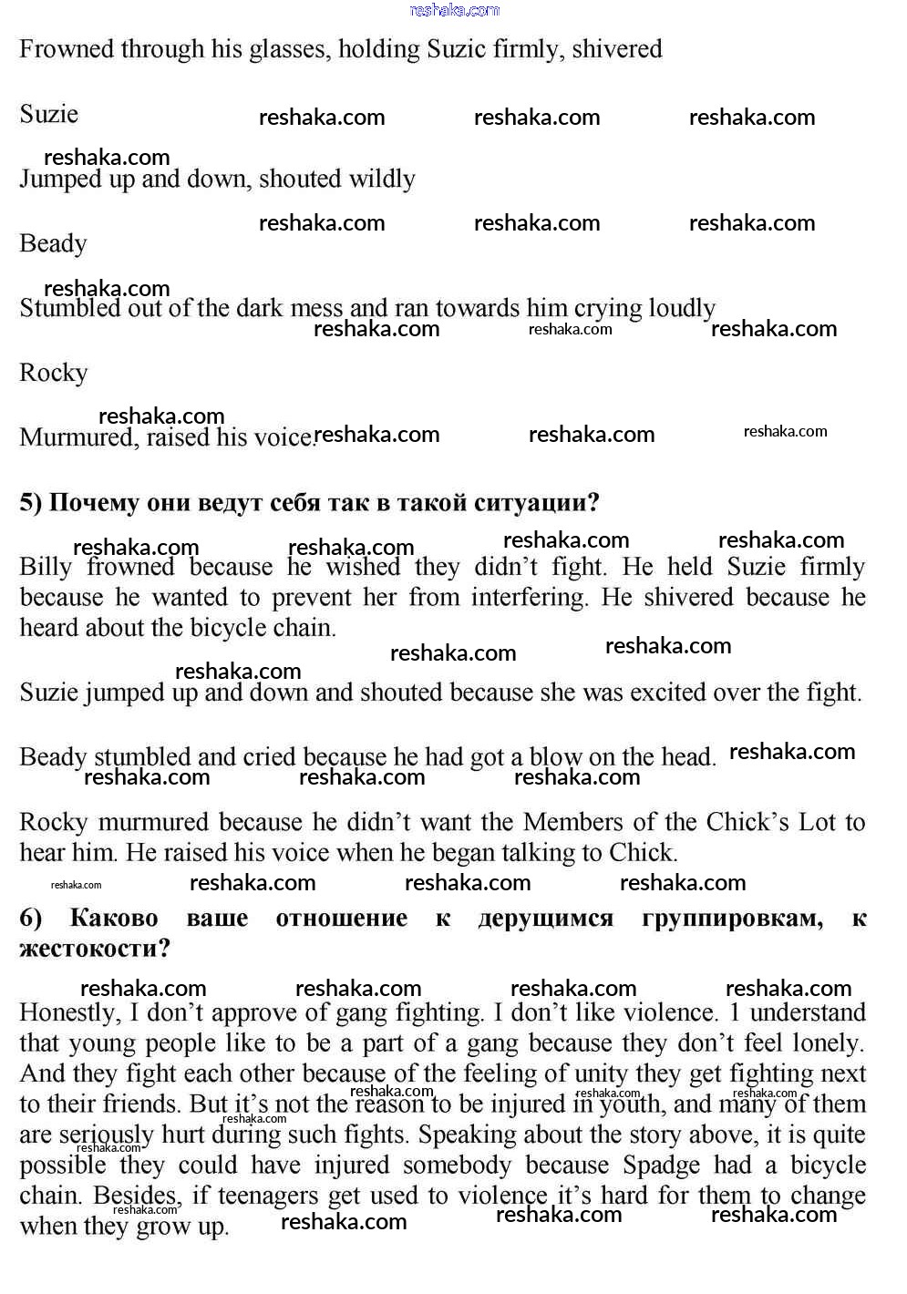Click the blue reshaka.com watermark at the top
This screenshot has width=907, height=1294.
coord(455,10)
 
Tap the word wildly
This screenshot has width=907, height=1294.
coord(376,180)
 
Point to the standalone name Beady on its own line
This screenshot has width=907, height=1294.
coord(53,244)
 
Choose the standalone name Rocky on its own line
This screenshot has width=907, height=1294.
coord(53,374)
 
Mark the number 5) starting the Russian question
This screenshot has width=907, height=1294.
coord(30,503)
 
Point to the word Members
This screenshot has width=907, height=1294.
coord(573,822)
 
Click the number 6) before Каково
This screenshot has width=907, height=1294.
coord(30,919)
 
